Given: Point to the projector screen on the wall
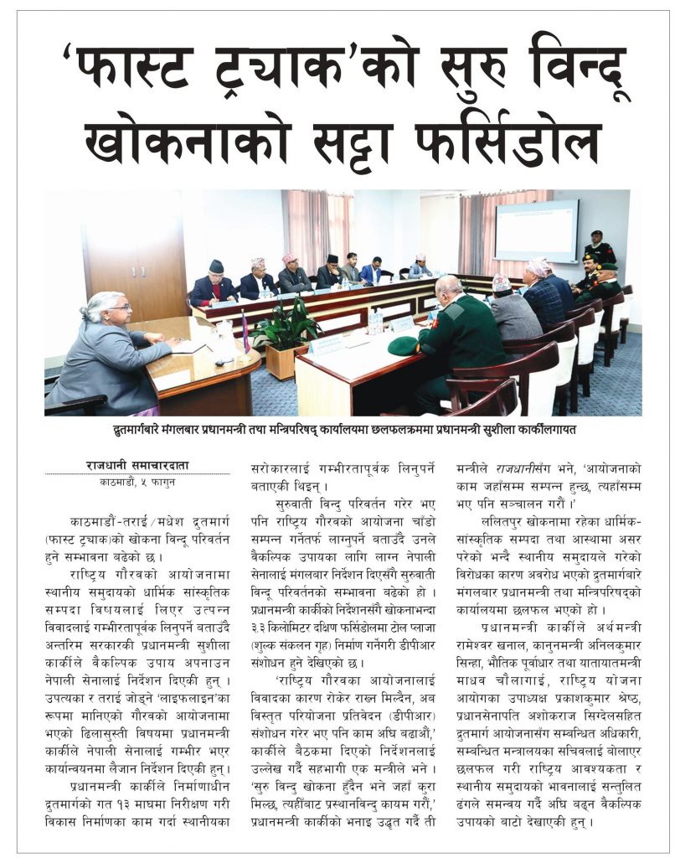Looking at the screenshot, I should pos(535,230).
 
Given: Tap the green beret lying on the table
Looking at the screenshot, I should pos(404,344).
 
